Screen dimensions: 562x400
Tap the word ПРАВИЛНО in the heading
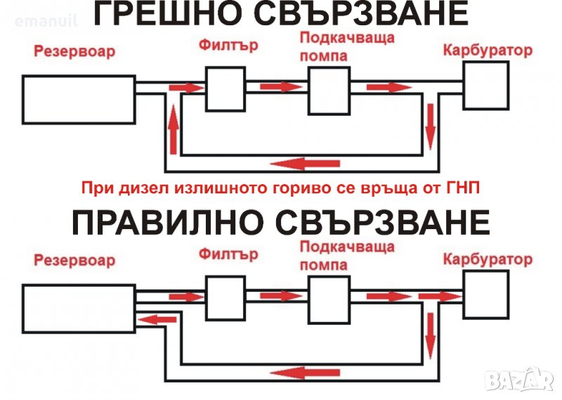point(165,222)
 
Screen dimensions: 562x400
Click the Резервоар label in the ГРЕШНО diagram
point(74,51)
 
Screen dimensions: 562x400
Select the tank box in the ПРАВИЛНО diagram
point(79,309)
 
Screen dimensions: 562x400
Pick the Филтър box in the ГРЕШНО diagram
point(226,89)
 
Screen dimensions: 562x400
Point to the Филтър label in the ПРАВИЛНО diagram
point(228,254)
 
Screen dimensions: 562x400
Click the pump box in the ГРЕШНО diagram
point(329,91)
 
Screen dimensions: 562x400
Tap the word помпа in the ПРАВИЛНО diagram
point(324,265)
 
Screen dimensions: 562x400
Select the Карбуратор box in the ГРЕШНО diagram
point(486,85)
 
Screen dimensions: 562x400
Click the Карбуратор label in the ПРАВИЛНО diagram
point(488,259)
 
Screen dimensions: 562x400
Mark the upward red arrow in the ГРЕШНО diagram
point(174,129)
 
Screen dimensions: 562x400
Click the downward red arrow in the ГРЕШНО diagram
point(430,127)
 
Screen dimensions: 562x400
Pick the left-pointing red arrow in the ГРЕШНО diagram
point(305,164)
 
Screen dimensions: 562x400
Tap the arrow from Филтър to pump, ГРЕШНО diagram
point(282,86)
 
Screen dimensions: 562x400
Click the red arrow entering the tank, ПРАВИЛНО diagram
point(157,319)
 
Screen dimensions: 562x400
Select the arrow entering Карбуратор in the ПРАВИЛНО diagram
point(440,297)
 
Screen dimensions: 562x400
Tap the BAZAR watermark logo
point(520,380)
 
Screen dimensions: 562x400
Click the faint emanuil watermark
point(46,20)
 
